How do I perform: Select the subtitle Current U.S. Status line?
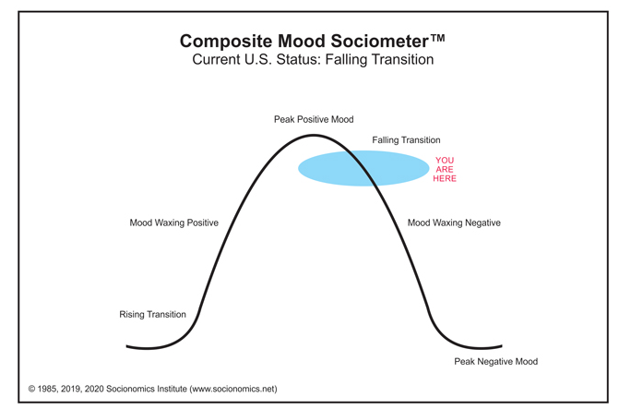point(313,60)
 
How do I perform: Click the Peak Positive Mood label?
point(314,119)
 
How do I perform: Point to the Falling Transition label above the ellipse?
point(406,140)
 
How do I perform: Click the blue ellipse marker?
point(363,168)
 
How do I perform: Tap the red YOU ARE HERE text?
point(445,170)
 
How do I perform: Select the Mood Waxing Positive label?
point(173,223)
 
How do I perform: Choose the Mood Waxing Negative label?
point(454,223)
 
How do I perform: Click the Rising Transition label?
point(152,315)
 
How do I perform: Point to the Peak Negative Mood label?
point(495,362)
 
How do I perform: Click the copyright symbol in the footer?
point(31,389)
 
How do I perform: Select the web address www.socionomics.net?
point(233,389)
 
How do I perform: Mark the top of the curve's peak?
point(314,136)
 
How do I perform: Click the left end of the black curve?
point(126,346)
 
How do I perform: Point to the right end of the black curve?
point(502,346)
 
